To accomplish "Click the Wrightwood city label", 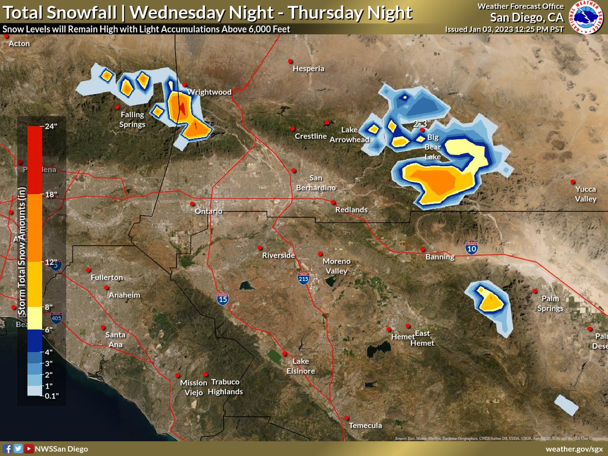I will pos(209,92).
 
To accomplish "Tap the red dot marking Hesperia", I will pos(290,61).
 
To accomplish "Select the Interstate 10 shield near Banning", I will pos(471,248).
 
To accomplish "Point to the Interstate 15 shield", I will pos(222,299).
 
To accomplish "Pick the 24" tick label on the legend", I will pos(52,127).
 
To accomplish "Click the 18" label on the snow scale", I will pos(52,195).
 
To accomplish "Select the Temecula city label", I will pos(366,426).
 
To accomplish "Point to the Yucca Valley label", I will pos(585,194).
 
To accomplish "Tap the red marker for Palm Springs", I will pos(535,291).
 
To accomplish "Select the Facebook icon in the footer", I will pos(8,449).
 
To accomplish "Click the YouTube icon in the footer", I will pos(29,449).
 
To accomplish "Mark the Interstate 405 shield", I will pos(56,318).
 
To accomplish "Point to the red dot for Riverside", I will pos(260,248).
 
